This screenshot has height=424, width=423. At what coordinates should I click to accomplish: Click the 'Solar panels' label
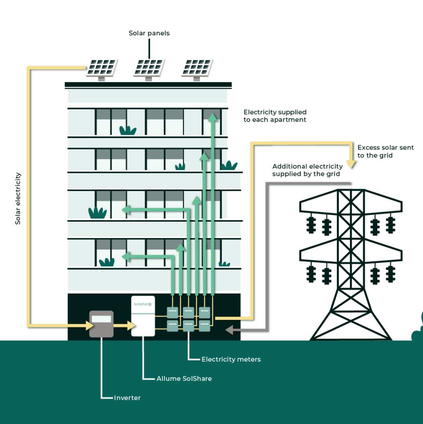[149, 33]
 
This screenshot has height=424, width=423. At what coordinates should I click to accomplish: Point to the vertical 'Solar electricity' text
[18, 198]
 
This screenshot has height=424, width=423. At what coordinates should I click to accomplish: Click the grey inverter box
[101, 324]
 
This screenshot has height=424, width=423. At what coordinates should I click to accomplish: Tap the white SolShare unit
[143, 316]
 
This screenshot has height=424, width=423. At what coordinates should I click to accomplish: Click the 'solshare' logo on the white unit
[143, 304]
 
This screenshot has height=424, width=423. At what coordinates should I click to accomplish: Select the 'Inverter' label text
[127, 398]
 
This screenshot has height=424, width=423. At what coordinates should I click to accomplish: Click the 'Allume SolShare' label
[184, 379]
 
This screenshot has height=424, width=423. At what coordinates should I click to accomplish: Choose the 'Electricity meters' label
[231, 359]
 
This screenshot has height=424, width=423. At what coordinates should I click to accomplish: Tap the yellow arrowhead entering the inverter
[90, 325]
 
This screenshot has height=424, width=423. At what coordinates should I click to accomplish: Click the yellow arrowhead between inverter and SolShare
[131, 325]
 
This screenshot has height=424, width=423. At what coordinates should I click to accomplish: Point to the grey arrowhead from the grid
[229, 330]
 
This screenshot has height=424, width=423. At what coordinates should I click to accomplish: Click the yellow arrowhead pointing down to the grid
[351, 164]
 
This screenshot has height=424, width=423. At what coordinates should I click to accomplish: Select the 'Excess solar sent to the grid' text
[386, 151]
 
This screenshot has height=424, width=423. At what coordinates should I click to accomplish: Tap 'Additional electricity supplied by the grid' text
[308, 170]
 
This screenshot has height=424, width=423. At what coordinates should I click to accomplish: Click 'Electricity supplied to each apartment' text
[275, 116]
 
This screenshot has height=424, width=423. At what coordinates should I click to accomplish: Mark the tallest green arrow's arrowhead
[213, 117]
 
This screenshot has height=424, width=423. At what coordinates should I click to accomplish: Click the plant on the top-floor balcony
[128, 130]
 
